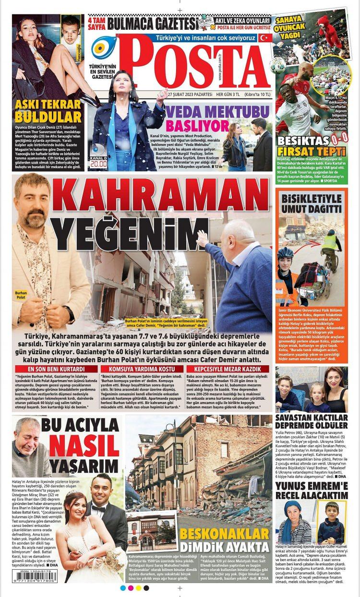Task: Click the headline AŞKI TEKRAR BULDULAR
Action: [x=48, y=110]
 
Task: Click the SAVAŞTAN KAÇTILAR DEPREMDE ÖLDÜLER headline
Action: [x=311, y=422]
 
